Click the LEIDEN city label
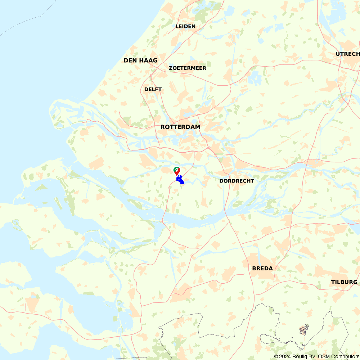point(185,26)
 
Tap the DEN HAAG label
point(140,60)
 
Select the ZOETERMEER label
point(187,68)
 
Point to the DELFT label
point(153,89)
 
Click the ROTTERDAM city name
point(180,127)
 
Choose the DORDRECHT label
point(237,181)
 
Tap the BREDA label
point(262,269)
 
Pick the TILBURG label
point(344,282)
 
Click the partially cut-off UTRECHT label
point(347,54)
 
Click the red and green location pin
point(177,170)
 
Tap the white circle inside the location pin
point(177,169)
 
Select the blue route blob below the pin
point(180,179)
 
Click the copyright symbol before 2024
point(276,356)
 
